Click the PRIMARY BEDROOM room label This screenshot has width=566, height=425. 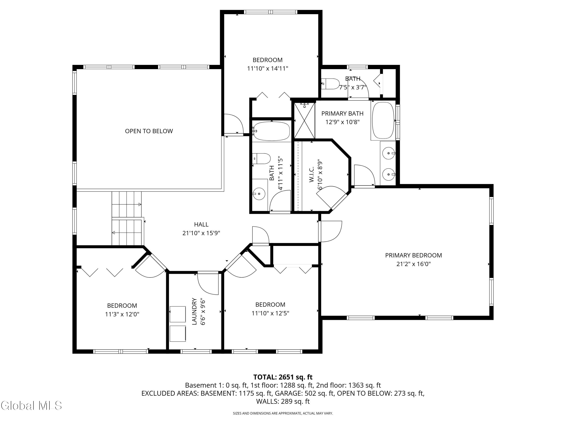414,255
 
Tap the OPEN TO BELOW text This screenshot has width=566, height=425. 149,131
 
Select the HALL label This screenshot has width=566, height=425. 201,224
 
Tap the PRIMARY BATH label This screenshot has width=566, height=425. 342,114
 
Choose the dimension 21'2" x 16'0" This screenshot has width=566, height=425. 414,264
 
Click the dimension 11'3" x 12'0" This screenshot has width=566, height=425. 122,314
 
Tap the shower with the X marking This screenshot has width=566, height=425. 304,120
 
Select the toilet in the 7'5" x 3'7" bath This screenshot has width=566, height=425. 330,84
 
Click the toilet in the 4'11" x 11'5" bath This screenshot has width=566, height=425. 261,159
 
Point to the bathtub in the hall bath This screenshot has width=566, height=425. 272,131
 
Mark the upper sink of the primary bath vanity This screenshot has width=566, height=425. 388,153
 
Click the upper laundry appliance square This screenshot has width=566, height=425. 178,314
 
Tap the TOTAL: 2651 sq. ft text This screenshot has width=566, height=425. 283,377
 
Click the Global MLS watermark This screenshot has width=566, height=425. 31,406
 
